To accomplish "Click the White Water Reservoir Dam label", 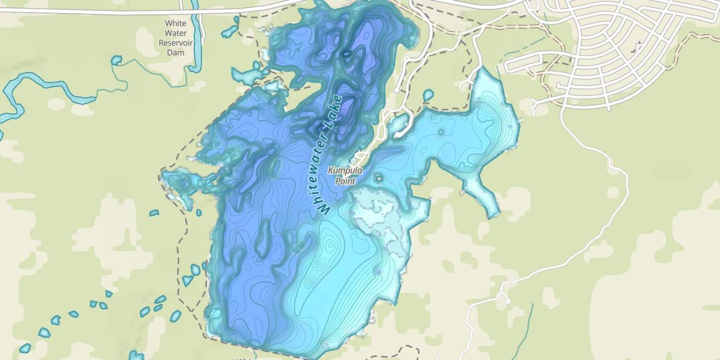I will (x=175, y=37).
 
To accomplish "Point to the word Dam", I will (x=176, y=52).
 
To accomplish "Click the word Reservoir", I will (x=175, y=43).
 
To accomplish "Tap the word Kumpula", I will (x=342, y=170).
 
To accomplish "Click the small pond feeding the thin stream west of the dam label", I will (x=116, y=60).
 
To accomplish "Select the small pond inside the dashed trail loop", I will (x=428, y=95).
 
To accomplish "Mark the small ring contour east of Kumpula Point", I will (x=378, y=178).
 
